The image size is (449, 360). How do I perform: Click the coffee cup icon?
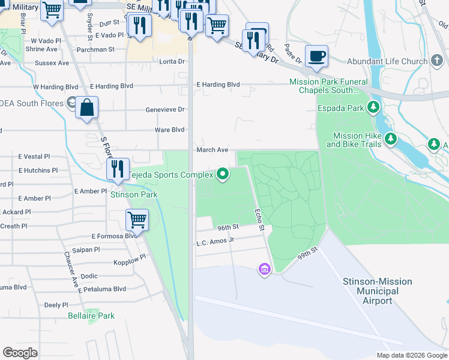[x=317, y=56]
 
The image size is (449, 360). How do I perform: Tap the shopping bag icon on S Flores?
[x=87, y=109]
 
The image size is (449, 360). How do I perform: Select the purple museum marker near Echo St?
[x=264, y=270]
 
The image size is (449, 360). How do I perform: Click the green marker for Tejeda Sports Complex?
[x=223, y=175]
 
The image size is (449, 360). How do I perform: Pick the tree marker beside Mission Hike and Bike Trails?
[x=391, y=139]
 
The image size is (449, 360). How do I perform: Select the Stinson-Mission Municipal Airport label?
[x=377, y=291]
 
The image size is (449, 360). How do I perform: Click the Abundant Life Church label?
[x=387, y=61]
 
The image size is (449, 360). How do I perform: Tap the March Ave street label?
[x=212, y=150]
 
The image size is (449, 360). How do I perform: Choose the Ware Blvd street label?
[x=169, y=130]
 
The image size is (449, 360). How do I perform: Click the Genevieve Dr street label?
[x=165, y=110]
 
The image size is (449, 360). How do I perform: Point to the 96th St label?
[x=228, y=228]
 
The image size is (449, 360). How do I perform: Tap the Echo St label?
[x=259, y=220]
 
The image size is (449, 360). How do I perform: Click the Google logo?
[x=20, y=353]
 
